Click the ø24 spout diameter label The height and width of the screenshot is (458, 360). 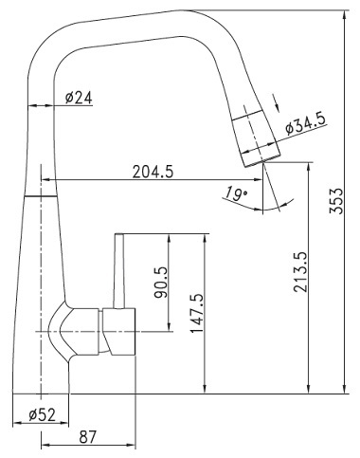tap(79, 98)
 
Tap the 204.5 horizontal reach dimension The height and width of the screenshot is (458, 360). tap(153, 173)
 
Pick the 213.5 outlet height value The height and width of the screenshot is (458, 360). tap(300, 272)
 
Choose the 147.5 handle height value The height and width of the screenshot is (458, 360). tap(197, 313)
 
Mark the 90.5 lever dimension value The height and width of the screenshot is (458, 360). tap(161, 283)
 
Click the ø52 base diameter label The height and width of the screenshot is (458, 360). tap(42, 414)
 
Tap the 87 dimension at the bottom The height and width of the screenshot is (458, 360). tap(87, 437)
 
